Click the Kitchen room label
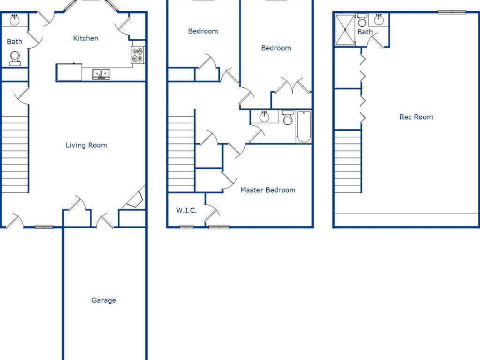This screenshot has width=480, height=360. click(86, 38)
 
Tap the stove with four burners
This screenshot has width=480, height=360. click(138, 55)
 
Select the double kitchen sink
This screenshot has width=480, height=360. click(101, 74)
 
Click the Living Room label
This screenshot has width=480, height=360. click(86, 145)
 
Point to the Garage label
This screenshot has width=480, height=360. click(104, 300)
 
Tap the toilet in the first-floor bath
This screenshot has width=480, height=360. click(15, 58)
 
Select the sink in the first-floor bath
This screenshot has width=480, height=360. click(15, 20)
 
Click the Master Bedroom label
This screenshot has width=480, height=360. click(268, 190)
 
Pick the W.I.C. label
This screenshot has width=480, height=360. click(187, 210)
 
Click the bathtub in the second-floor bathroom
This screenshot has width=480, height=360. click(304, 127)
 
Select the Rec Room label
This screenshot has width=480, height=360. click(416, 117)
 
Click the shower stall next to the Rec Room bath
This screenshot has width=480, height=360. click(345, 30)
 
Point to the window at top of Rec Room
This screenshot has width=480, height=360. click(452, 12)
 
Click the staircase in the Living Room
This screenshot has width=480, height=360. click(15, 155)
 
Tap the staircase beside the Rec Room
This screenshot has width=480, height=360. click(348, 162)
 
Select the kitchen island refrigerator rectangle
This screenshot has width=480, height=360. click(69, 72)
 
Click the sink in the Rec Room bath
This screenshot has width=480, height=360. click(379, 20)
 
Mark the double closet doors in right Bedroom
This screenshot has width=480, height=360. click(292, 86)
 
